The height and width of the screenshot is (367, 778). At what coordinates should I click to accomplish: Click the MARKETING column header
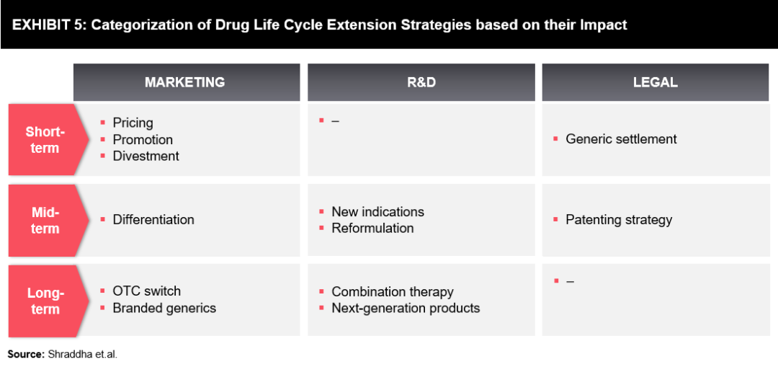point(185,82)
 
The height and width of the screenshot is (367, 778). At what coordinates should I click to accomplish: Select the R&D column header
point(421,82)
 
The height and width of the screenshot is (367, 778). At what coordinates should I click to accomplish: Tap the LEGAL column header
point(655,82)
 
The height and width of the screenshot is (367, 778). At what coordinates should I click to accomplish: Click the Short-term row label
point(45,140)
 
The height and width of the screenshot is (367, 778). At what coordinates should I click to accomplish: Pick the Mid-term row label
point(45,221)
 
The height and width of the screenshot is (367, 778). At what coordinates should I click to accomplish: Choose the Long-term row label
point(45,301)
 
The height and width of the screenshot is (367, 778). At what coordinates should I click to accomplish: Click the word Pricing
point(133,123)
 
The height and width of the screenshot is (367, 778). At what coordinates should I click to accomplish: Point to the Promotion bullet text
point(143,140)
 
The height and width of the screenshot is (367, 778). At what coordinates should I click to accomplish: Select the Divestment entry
point(146,156)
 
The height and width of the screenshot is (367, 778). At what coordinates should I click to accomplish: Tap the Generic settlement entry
point(621,139)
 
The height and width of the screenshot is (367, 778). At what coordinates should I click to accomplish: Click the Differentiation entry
point(153,220)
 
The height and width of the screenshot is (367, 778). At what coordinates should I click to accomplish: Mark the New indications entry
point(377,212)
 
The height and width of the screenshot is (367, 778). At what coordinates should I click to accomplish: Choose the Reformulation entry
point(372,229)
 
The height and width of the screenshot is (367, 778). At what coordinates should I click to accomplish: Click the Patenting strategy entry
point(618,220)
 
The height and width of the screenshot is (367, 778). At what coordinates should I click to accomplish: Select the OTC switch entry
point(146,291)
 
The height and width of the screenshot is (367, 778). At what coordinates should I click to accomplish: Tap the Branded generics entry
point(164,308)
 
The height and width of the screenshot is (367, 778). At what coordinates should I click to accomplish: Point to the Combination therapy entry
point(392,292)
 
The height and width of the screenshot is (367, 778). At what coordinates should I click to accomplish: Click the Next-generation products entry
point(405,309)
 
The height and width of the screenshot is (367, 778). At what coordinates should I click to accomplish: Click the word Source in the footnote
point(25,354)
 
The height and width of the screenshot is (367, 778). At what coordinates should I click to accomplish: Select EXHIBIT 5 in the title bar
point(48,25)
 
